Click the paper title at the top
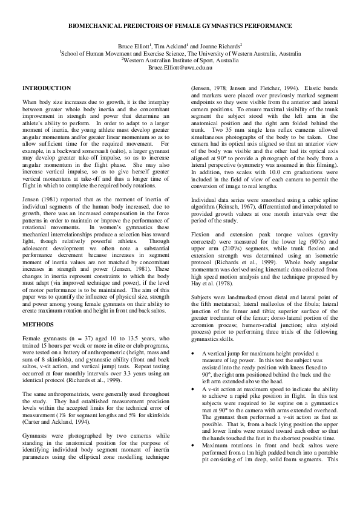pos(180,27)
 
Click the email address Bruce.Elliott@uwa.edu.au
pos(180,68)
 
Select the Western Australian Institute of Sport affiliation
pos(180,60)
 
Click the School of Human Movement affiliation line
pos(180,53)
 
